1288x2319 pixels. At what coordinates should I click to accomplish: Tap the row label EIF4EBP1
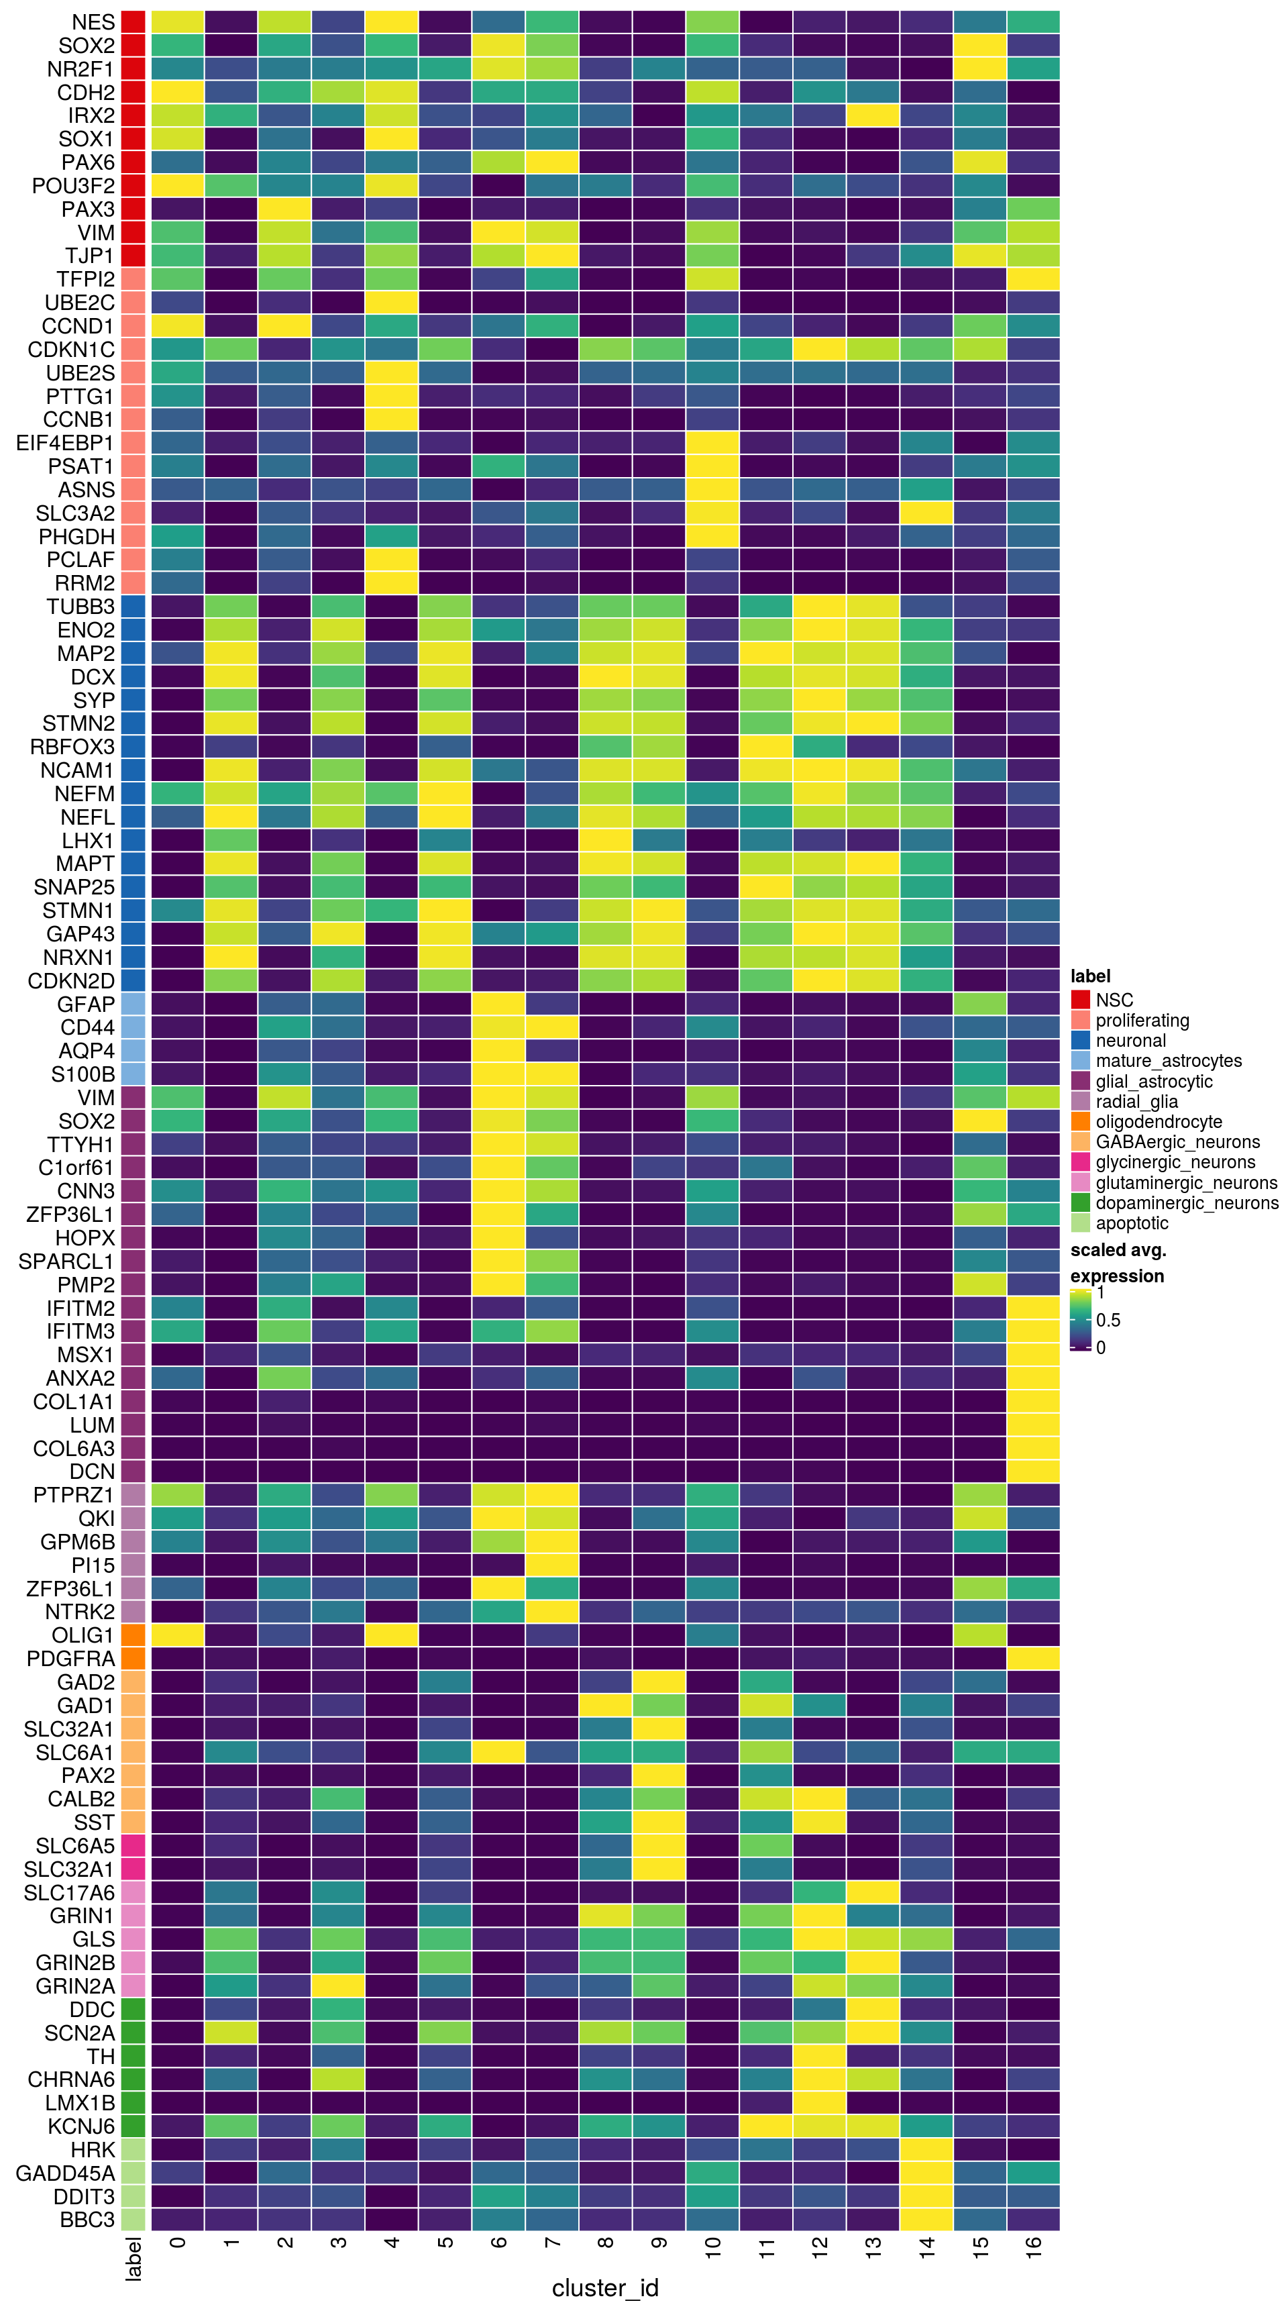click(x=65, y=443)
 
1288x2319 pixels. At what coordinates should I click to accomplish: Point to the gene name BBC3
click(x=87, y=2220)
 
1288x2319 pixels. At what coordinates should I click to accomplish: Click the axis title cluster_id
click(x=605, y=2287)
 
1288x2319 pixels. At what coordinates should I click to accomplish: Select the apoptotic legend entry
click(x=1132, y=1223)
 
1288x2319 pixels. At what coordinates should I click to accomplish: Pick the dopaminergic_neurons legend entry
click(x=1186, y=1202)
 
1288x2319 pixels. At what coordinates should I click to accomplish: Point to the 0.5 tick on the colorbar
click(x=1107, y=1321)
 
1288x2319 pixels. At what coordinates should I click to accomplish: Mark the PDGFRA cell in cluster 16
click(x=1033, y=1658)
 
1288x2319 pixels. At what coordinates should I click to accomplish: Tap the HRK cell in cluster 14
click(x=926, y=2150)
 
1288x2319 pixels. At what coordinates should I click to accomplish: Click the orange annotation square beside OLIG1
click(x=133, y=1635)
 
